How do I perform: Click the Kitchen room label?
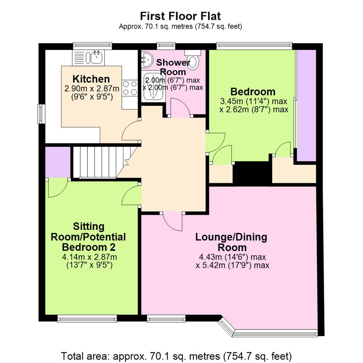point(91,79)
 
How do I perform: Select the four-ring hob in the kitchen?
point(130,88)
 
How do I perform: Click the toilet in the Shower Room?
point(193,59)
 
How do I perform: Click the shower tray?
point(153,86)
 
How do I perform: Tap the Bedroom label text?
point(253,92)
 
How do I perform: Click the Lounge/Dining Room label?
point(232,242)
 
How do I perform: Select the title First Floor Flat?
point(180,16)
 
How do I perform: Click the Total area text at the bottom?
point(176,356)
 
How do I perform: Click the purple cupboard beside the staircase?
point(58,162)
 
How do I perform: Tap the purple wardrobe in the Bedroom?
point(307,105)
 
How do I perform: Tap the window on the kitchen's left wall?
point(42,114)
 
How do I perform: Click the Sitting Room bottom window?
point(87,319)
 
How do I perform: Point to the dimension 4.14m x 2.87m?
point(89,257)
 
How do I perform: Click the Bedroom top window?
point(254,46)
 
